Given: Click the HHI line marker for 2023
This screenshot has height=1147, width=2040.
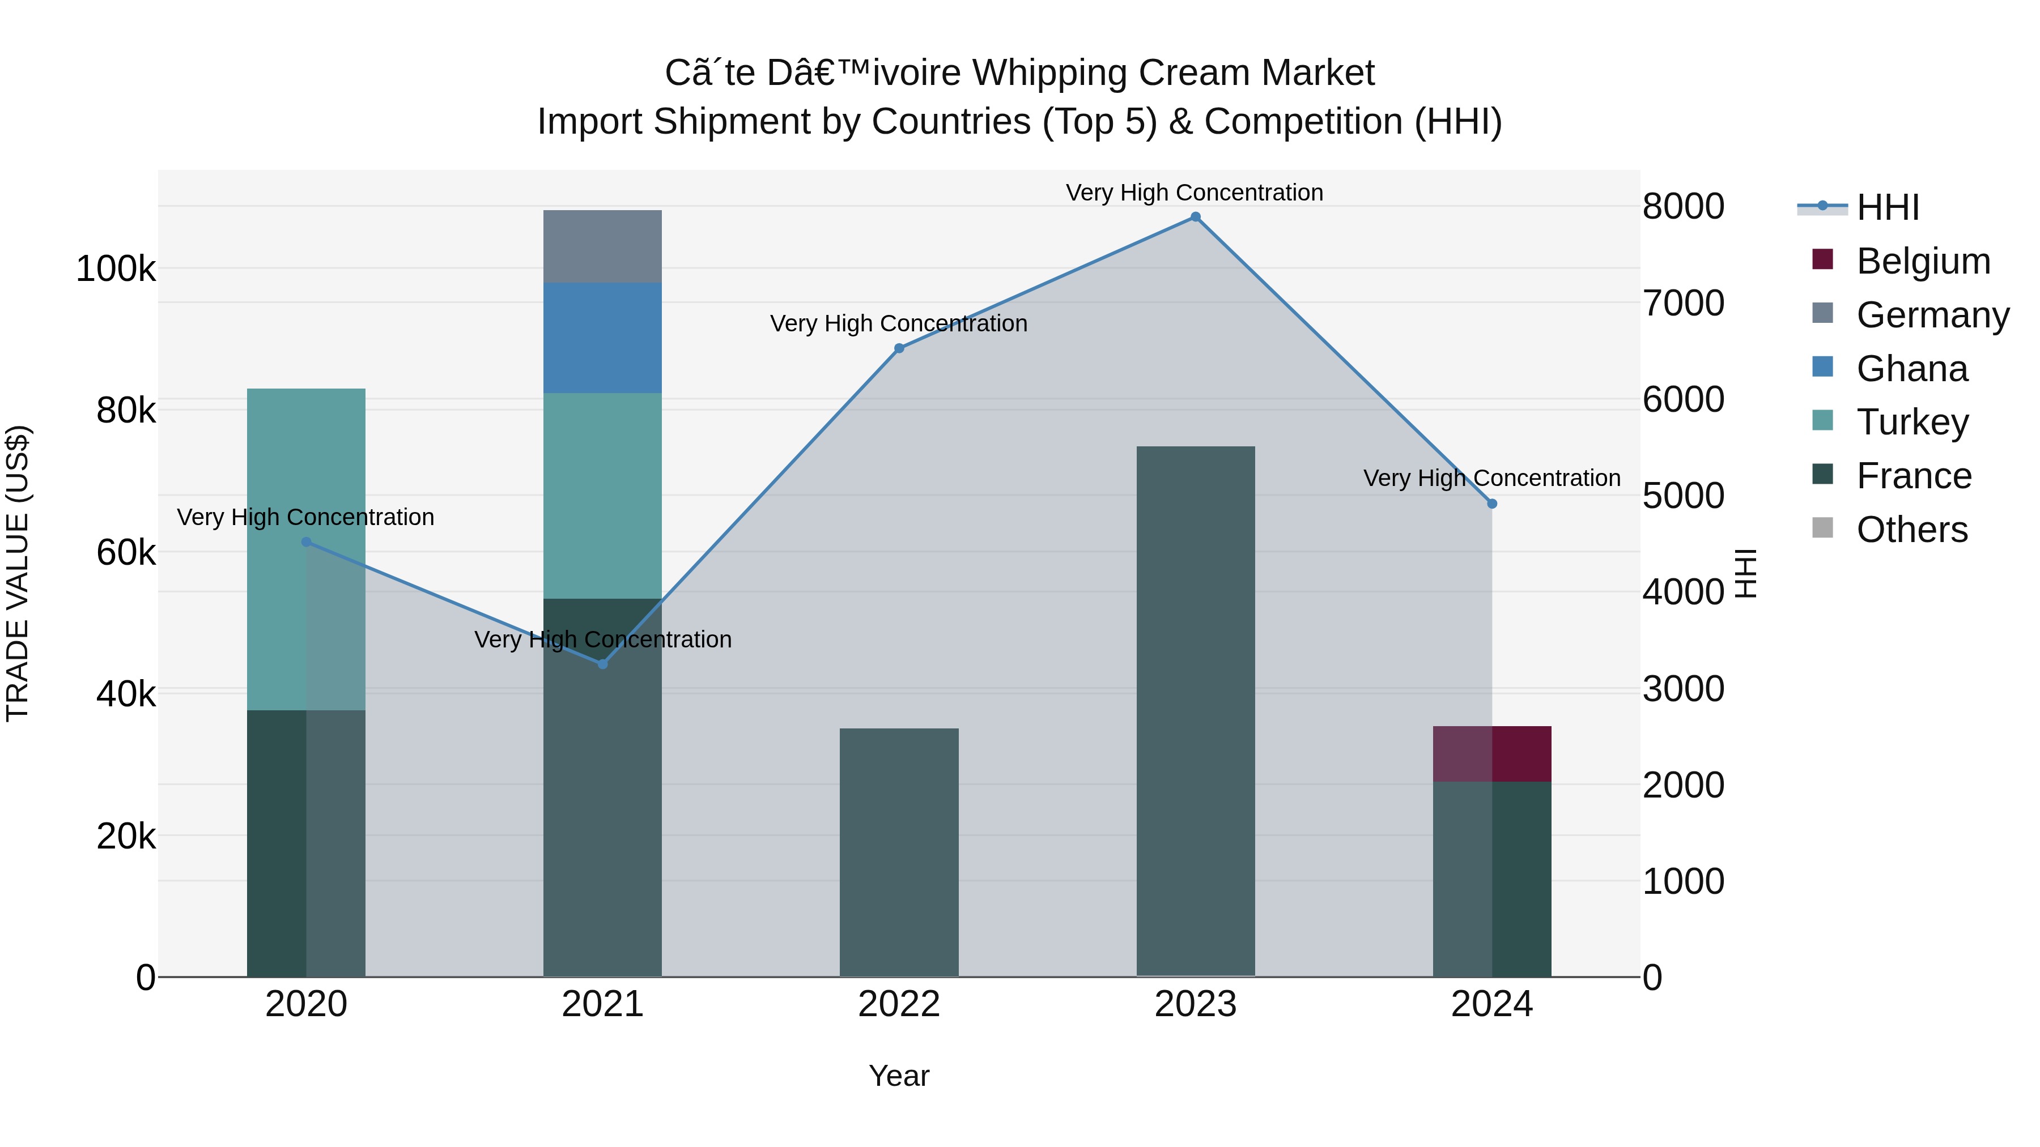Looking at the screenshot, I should [x=1195, y=217].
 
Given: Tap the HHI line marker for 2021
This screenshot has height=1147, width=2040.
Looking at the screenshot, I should [x=603, y=664].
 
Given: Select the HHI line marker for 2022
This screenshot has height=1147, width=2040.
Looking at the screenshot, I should [x=899, y=348].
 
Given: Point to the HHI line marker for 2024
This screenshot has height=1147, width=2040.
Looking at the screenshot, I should [x=1492, y=504].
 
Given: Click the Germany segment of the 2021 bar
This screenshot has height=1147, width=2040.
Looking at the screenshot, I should [x=603, y=246].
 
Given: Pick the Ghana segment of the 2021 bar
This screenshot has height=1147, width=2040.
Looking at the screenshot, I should [x=603, y=338].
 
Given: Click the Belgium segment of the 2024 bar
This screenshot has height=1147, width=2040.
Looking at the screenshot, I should [x=1492, y=753].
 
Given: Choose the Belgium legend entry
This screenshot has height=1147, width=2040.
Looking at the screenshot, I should [x=1923, y=261].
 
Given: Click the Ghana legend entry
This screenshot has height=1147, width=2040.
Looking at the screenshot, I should [x=1912, y=369].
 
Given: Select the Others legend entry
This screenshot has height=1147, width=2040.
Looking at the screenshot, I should [x=1912, y=530].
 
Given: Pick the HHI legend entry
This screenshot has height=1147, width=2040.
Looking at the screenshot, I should [x=1887, y=207].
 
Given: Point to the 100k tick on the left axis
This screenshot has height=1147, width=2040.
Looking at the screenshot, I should [x=116, y=269].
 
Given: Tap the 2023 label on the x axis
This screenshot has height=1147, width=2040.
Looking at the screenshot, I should [x=1195, y=1004].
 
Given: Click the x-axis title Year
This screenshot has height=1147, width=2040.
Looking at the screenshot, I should [x=899, y=1076].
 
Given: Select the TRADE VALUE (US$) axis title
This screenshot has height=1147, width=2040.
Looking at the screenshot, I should [x=18, y=573].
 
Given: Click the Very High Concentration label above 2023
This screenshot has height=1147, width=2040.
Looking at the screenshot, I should [x=1194, y=193].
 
